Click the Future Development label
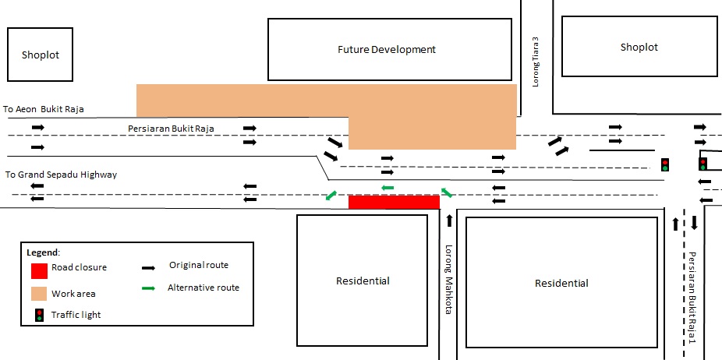click(x=386, y=50)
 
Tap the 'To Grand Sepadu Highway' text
click(x=61, y=175)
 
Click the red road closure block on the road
click(x=394, y=202)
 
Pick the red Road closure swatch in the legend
click(x=39, y=271)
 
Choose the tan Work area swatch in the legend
click(x=39, y=294)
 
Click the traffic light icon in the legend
click(x=39, y=315)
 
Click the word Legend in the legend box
click(x=43, y=252)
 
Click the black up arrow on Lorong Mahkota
click(x=449, y=221)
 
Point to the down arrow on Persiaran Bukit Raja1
click(x=694, y=224)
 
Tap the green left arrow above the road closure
click(x=387, y=188)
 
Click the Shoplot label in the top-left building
click(x=41, y=55)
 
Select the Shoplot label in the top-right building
click(x=639, y=48)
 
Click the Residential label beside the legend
click(x=363, y=281)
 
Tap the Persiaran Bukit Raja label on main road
click(x=171, y=128)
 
